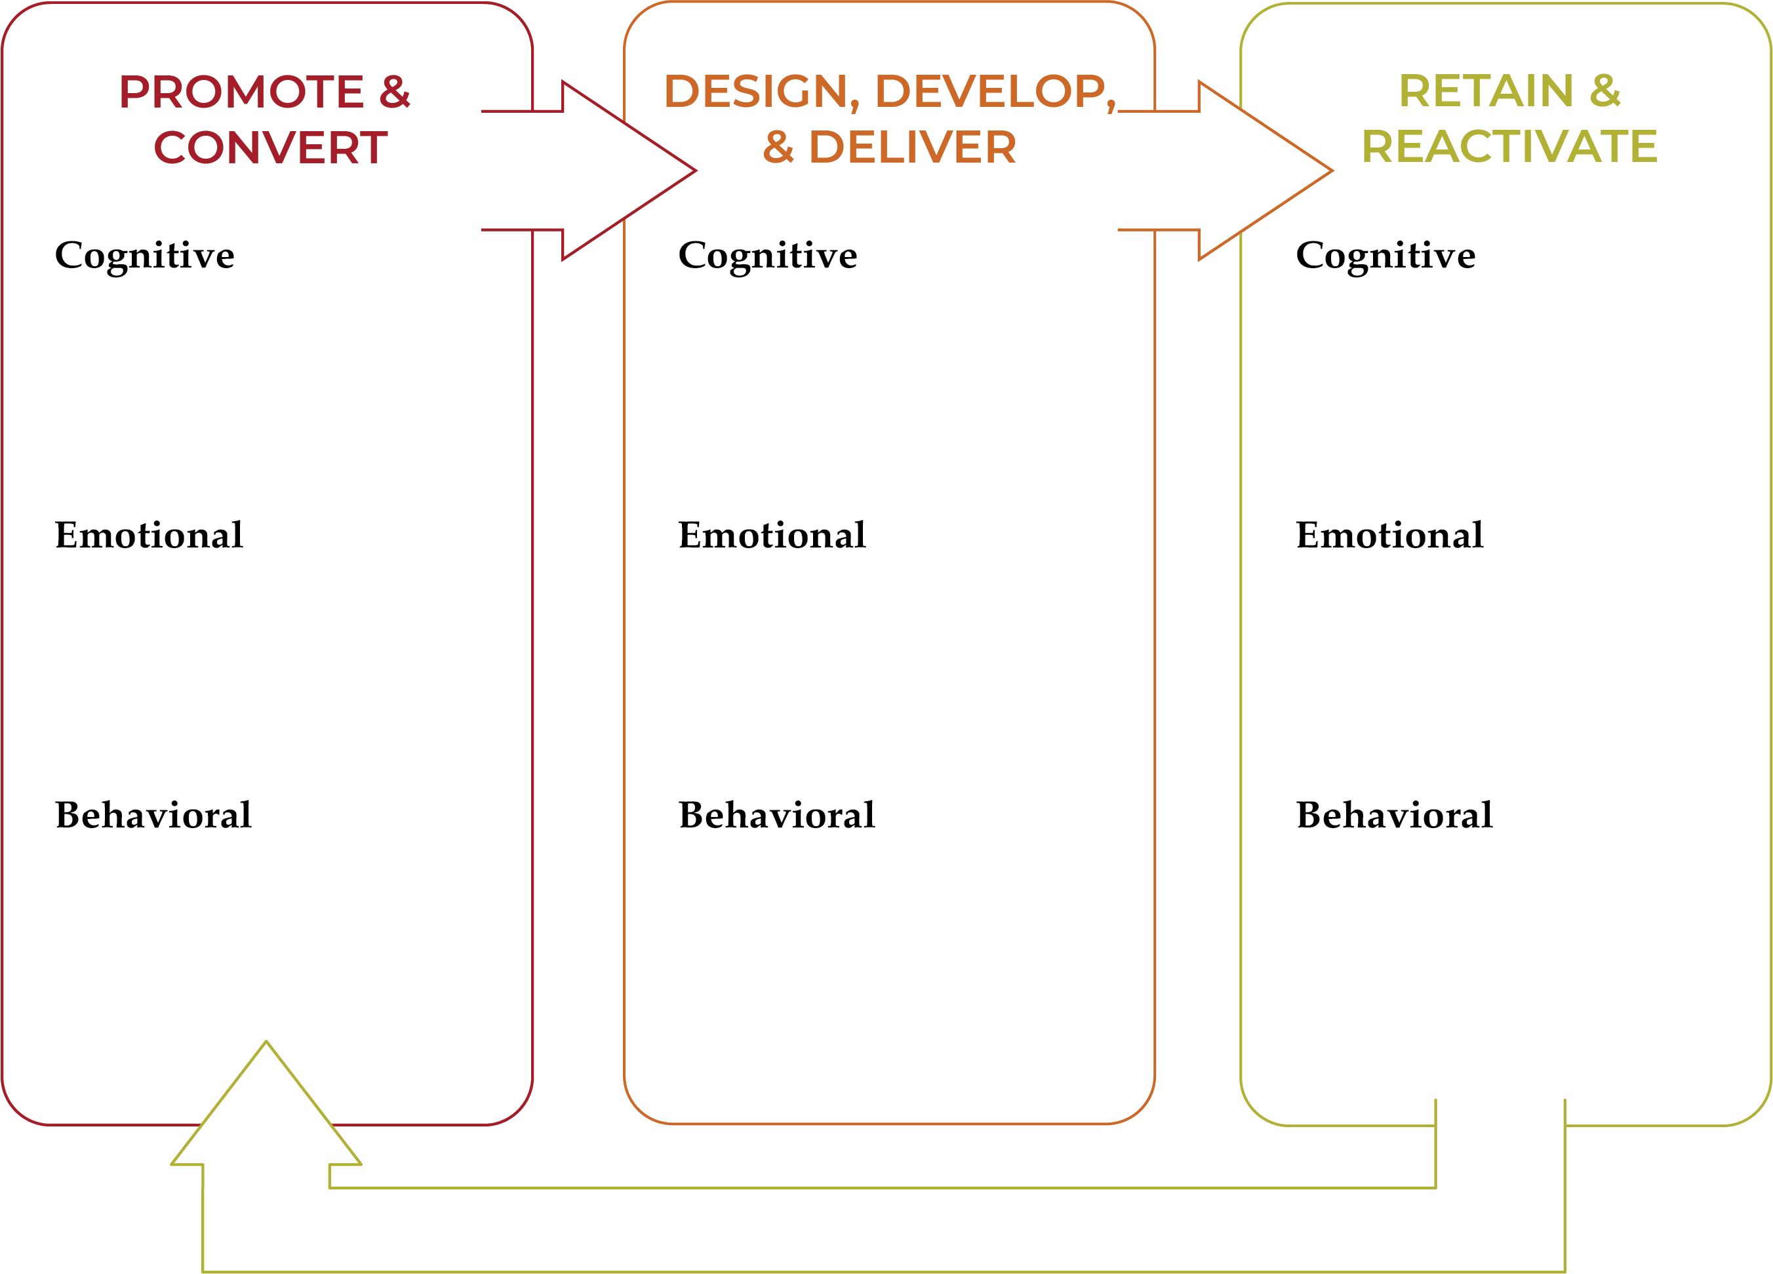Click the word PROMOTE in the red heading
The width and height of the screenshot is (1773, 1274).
(241, 92)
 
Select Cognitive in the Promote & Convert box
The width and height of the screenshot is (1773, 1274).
(145, 256)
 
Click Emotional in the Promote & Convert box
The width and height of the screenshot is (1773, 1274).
(149, 536)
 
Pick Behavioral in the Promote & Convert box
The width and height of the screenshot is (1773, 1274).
(153, 815)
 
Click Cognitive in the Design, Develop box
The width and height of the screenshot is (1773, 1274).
(768, 256)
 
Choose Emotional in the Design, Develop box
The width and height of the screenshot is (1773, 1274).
(772, 536)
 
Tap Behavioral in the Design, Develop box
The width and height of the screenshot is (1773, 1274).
(776, 815)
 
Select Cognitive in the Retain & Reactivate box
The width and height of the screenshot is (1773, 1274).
(1385, 256)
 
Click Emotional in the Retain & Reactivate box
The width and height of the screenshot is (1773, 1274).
(1389, 536)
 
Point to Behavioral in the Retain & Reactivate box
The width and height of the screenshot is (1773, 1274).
(1394, 815)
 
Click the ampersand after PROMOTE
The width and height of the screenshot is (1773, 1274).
(395, 92)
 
